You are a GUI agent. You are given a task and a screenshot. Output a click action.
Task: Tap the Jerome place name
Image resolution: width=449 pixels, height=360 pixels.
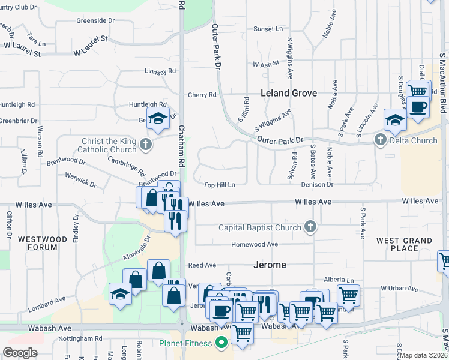(270, 265)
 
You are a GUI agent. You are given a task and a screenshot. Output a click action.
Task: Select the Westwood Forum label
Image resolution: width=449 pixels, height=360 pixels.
(43, 243)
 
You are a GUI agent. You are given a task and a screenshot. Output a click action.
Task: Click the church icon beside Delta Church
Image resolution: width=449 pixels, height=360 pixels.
(380, 140)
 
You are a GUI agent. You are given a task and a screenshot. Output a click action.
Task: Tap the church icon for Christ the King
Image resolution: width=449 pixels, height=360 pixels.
(145, 144)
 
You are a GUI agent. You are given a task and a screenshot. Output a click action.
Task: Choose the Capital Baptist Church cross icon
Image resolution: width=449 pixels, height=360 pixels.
(310, 227)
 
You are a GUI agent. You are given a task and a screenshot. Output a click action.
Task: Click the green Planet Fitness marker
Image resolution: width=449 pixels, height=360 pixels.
(221, 343)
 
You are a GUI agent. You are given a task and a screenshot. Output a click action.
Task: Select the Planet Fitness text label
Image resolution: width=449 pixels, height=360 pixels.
(185, 343)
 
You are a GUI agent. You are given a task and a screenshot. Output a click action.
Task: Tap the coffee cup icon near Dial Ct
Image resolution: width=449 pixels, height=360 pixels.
(418, 107)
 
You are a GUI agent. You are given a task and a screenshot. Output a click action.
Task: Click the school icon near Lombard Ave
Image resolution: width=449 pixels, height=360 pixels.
(120, 294)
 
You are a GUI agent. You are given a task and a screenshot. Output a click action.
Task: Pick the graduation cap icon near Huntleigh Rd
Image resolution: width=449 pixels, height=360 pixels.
(158, 118)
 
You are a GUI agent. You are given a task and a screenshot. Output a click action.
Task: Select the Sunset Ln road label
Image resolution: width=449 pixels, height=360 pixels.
(268, 29)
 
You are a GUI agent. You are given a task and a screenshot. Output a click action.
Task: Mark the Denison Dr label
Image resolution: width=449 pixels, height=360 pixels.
(317, 185)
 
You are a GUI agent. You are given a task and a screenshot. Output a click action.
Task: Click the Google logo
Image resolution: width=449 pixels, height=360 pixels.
(20, 353)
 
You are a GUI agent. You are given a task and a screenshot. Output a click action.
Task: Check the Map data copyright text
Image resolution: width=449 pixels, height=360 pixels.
(424, 355)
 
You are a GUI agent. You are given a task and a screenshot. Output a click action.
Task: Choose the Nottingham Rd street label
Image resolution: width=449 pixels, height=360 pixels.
(81, 338)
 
